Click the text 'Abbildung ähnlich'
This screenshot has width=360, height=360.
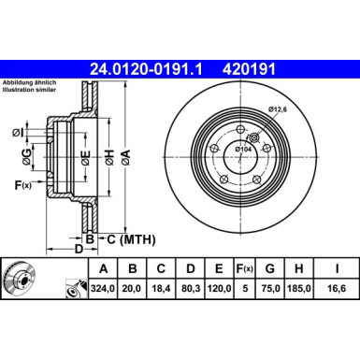click(28, 81)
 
